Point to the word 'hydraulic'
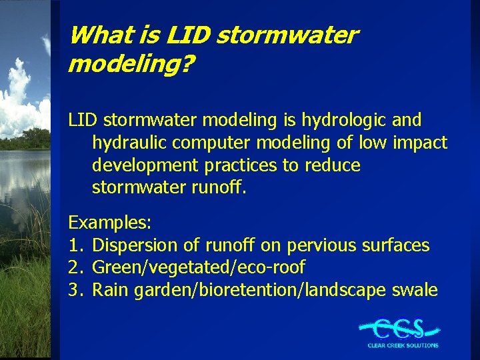(128, 143)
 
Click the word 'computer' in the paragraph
(212, 143)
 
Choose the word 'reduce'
(333, 165)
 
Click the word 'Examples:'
(110, 222)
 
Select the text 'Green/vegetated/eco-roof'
(198, 268)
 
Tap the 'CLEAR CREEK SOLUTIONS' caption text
(403, 345)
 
